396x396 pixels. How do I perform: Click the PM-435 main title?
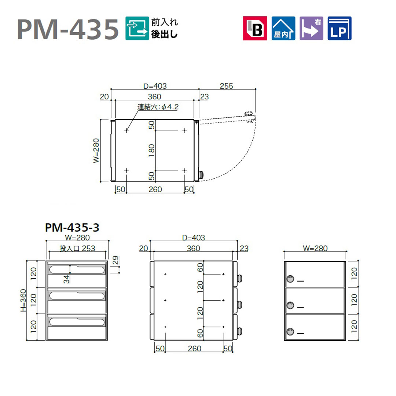pos(68,29)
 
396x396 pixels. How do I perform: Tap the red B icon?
pos(255,28)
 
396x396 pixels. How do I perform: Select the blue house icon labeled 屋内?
pos(283,28)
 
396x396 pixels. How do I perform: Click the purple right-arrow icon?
pos(311,28)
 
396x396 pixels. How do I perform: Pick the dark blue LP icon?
pos(340,28)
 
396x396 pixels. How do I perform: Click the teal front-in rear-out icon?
pos(137,28)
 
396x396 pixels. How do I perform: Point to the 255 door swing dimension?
pos(226,86)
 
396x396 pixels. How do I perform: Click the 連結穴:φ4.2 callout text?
pos(158,107)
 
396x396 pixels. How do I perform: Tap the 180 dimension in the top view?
pos(151,150)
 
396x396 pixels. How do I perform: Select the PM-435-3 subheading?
pos(72,228)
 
